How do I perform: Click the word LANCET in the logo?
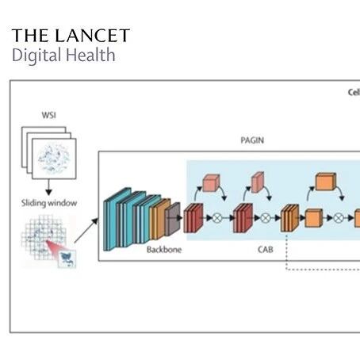click(x=93, y=36)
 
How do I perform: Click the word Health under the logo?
click(x=90, y=55)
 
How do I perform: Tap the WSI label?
click(x=49, y=115)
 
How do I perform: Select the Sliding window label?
click(x=49, y=203)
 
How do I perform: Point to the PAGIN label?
click(x=252, y=140)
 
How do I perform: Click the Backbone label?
click(x=164, y=250)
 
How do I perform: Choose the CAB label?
click(x=265, y=250)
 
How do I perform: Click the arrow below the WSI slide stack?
click(x=48, y=187)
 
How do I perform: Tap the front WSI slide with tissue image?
click(x=54, y=159)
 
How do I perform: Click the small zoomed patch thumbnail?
click(x=67, y=259)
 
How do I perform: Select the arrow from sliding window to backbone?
click(x=86, y=231)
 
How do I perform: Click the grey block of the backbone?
click(x=173, y=219)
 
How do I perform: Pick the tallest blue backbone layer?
click(x=117, y=219)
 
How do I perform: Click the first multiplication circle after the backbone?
click(x=217, y=218)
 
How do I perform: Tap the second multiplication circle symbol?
click(x=265, y=218)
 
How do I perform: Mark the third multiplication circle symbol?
click(x=339, y=218)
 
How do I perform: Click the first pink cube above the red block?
click(x=211, y=182)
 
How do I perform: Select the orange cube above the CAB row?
click(x=326, y=182)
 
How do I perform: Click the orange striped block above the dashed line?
click(x=289, y=218)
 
